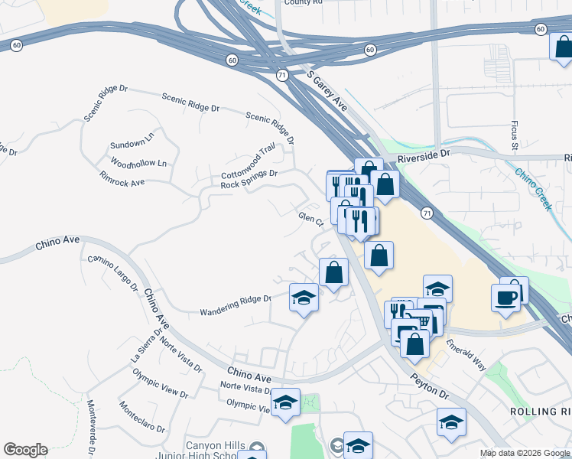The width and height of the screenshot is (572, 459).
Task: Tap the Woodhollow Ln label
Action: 138,164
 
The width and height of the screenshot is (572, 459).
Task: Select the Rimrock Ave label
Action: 122,178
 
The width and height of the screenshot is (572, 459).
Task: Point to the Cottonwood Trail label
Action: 248,163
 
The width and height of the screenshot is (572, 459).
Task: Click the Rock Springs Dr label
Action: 249,179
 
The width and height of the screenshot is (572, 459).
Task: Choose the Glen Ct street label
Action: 312,220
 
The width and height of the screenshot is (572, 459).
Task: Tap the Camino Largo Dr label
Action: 112,273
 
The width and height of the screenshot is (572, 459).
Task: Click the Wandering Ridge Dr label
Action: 236,305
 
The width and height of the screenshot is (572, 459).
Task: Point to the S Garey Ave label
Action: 327,92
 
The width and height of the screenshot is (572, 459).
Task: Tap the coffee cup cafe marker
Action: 505,297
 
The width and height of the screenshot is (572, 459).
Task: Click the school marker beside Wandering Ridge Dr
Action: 304,297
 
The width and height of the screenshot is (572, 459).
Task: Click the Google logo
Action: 25,450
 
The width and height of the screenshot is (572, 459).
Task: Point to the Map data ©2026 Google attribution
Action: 524,453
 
